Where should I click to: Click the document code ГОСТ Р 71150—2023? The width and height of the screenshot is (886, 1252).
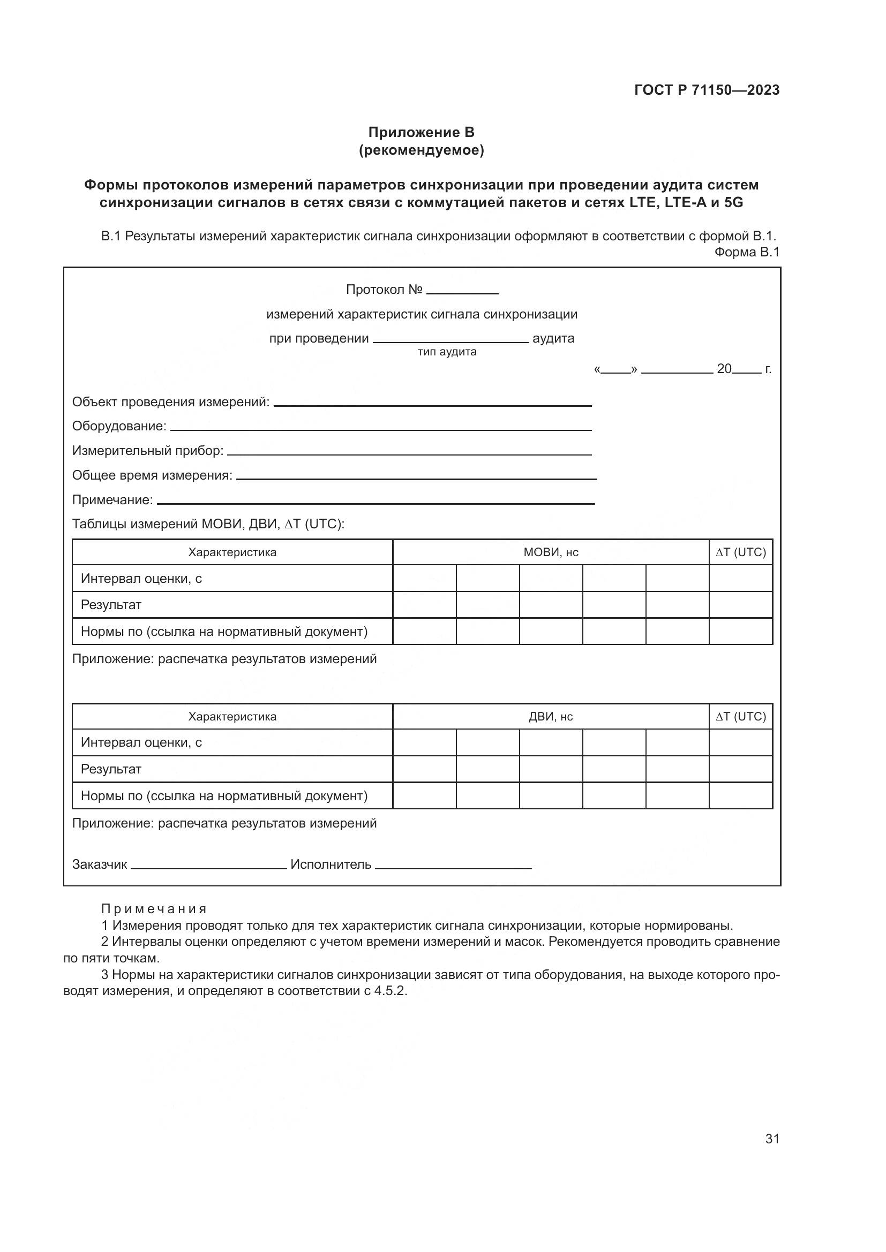point(707,90)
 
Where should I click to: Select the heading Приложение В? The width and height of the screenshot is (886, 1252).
point(421,133)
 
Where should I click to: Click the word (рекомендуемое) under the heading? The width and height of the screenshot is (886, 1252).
point(421,150)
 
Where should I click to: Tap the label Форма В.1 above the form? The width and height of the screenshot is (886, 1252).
point(746,252)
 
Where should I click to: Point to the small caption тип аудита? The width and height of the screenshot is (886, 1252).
point(447,352)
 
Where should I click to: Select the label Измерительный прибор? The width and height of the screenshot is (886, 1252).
point(148,451)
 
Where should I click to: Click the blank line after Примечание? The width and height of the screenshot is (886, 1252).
point(376,502)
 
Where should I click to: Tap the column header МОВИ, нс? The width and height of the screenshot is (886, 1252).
point(551,552)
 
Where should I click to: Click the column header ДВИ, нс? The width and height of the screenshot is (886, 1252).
point(551,717)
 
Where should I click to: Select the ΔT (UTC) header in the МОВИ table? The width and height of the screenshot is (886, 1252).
point(740,552)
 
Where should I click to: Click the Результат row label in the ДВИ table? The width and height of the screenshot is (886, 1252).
point(111,769)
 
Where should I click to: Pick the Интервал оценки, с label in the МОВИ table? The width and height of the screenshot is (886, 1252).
point(141,579)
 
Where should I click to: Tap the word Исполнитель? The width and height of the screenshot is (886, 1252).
point(331,865)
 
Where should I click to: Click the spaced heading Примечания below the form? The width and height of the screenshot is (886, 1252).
point(154,909)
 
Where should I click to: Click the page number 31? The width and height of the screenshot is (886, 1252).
point(772,1139)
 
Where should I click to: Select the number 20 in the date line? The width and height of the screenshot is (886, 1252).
point(724,369)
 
